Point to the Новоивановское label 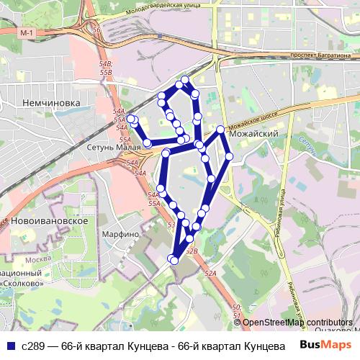click(50, 220)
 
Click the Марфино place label click(120, 234)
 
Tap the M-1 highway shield click(27, 34)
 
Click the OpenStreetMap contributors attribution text click(297, 323)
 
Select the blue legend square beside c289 click(10, 345)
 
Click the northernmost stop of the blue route click(185, 79)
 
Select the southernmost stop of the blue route click(173, 259)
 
